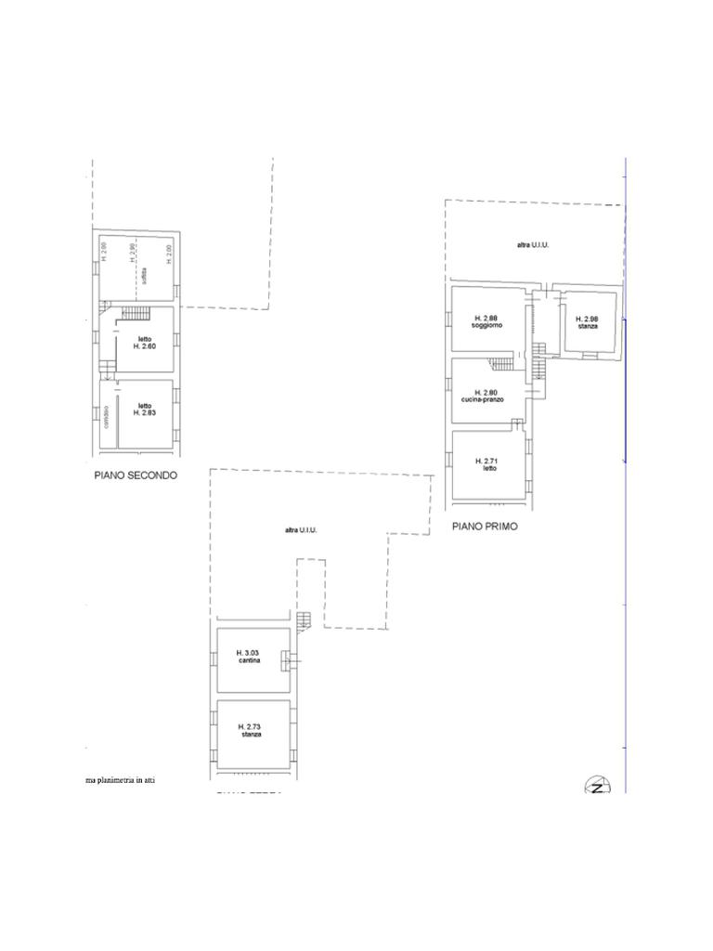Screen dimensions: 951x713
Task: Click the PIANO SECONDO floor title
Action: click(x=136, y=475)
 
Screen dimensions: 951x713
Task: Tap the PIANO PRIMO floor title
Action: click(x=485, y=526)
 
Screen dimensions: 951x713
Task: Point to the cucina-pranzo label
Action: click(x=482, y=399)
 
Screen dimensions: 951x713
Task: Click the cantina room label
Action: click(x=248, y=660)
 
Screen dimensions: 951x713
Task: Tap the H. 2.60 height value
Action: click(x=143, y=345)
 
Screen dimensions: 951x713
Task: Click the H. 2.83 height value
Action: click(x=145, y=411)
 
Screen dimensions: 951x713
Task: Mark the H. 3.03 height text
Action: click(x=248, y=652)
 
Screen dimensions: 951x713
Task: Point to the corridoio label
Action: click(x=108, y=417)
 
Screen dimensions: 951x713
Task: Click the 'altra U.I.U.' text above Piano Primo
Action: click(x=534, y=245)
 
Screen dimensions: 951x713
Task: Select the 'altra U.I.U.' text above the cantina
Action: click(x=301, y=530)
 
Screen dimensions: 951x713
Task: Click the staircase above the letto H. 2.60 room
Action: click(x=136, y=313)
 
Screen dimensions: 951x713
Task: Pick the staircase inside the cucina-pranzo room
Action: click(x=501, y=362)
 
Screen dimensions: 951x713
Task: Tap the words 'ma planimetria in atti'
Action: click(x=121, y=780)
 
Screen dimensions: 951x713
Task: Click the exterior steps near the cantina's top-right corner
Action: click(x=304, y=619)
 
